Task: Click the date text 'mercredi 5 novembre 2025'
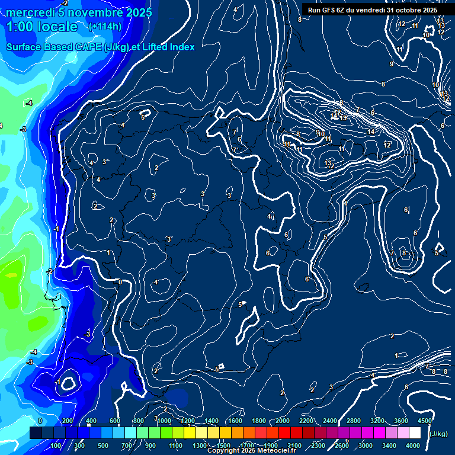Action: click(79, 12)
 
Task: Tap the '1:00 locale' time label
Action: click(42, 27)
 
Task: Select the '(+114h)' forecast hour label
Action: click(105, 26)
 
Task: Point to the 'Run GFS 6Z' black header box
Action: click(373, 10)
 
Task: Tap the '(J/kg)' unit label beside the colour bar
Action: click(438, 434)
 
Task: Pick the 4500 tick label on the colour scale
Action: click(424, 421)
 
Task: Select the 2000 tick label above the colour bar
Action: click(282, 421)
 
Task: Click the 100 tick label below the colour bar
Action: click(56, 446)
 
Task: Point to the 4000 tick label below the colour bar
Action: click(413, 446)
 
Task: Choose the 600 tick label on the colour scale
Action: click(115, 421)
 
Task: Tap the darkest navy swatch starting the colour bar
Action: click(36, 433)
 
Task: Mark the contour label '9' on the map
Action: click(391, 64)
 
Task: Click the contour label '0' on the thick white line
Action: click(120, 282)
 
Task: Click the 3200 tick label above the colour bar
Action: click(377, 421)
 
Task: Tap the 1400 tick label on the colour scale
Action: click(211, 421)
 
